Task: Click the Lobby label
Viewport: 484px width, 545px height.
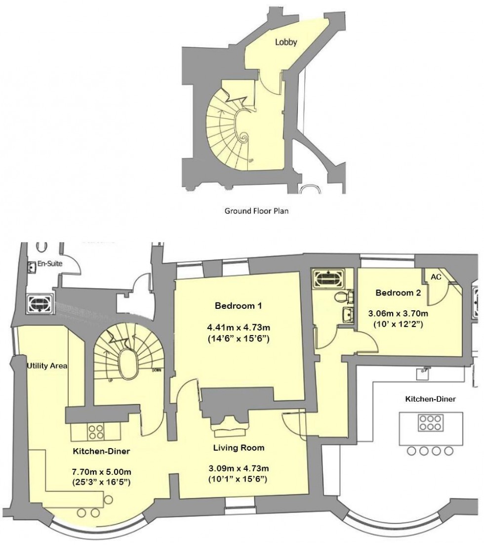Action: tap(286, 42)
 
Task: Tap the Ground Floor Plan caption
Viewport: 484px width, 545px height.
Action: tap(256, 211)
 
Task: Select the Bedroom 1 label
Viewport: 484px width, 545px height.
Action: tap(238, 306)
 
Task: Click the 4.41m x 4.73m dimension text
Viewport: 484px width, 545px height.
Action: tap(238, 328)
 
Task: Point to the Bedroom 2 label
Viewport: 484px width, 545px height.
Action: tap(398, 293)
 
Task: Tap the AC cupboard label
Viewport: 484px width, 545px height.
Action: tap(436, 277)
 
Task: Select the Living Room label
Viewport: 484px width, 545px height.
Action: tap(238, 448)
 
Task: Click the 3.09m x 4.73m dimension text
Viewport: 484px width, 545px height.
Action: tap(238, 468)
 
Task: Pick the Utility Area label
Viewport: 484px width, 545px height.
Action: tap(46, 366)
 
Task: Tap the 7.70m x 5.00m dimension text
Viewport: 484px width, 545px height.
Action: tap(101, 469)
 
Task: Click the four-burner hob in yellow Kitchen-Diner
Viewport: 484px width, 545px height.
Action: tap(95, 432)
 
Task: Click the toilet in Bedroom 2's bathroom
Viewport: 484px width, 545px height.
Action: tap(341, 298)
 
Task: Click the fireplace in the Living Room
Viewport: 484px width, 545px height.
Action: tap(231, 427)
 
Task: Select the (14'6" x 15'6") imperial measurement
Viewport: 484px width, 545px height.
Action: tap(238, 339)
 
